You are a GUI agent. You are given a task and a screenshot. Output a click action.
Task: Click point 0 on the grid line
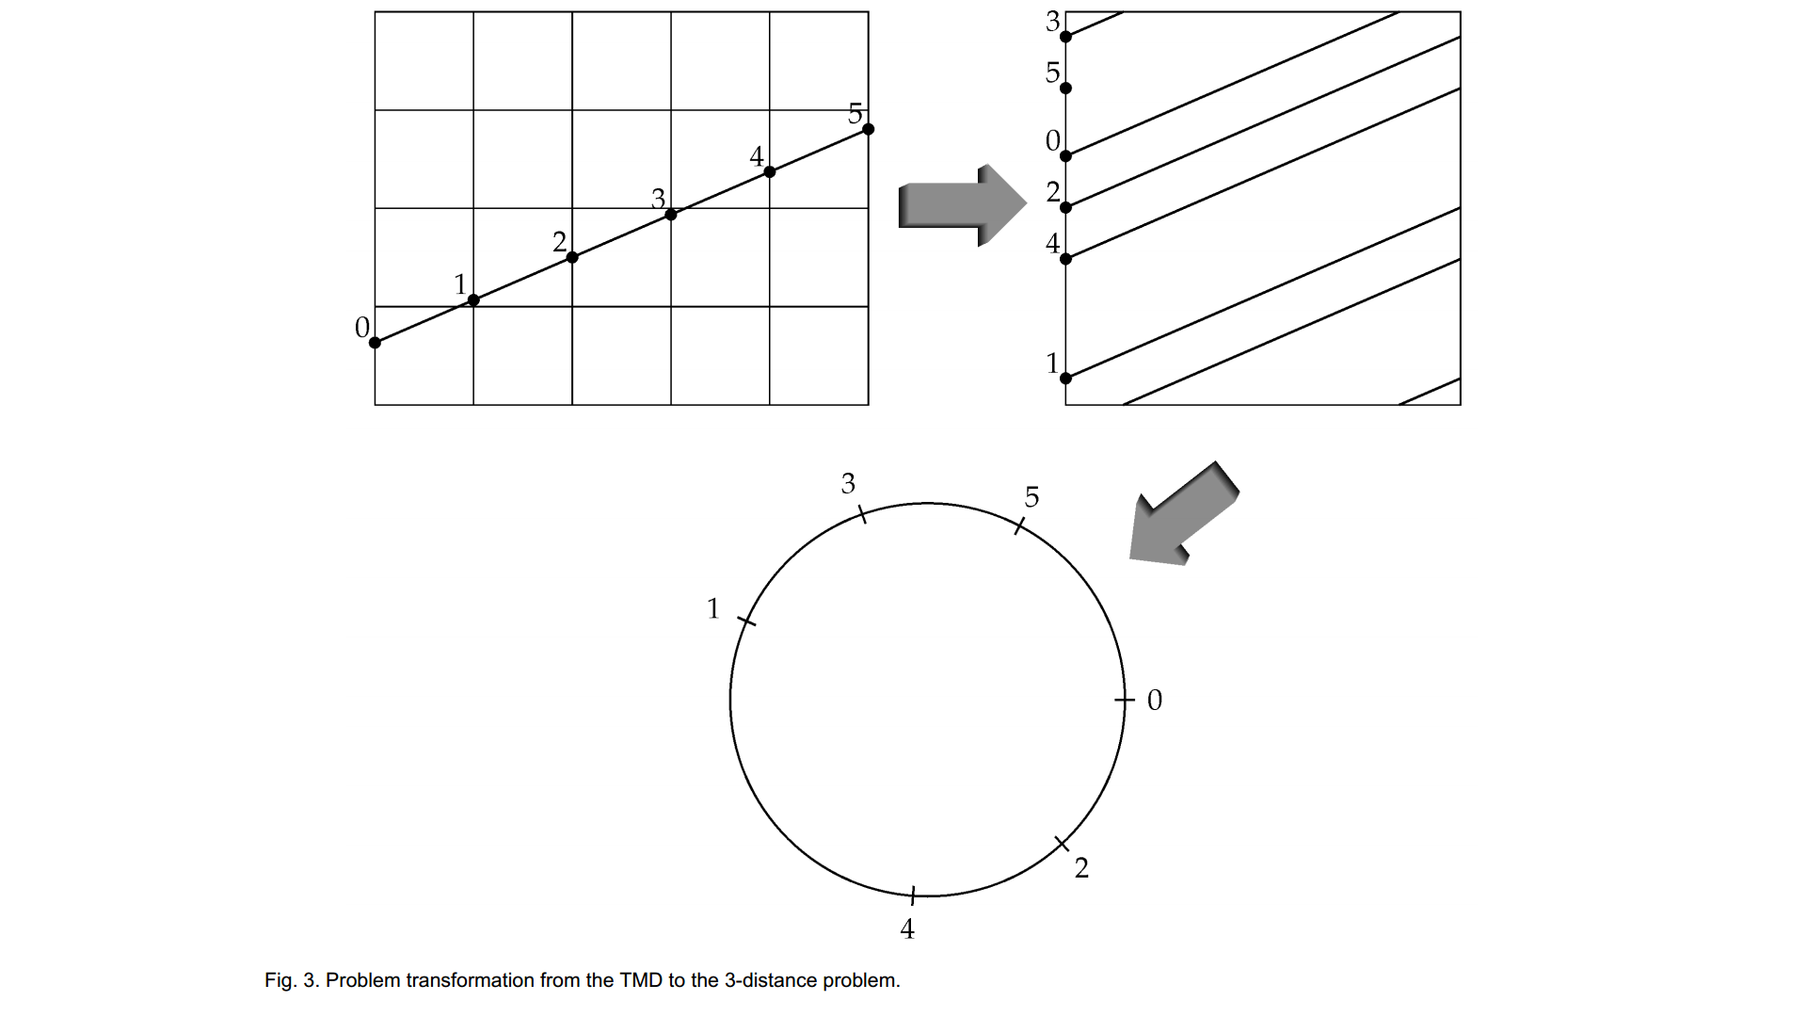375,343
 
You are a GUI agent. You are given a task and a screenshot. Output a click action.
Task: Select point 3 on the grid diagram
671,215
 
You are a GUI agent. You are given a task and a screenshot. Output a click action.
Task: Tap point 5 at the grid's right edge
868,129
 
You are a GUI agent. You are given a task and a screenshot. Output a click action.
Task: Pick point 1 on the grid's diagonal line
473,300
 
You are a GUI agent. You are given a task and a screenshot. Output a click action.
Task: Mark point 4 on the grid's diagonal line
770,171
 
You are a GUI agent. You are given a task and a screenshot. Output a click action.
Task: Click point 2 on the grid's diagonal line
572,257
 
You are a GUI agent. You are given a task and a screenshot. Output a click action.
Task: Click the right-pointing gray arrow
961,205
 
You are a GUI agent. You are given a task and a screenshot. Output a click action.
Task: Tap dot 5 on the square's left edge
1065,89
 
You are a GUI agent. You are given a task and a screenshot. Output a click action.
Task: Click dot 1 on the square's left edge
1065,379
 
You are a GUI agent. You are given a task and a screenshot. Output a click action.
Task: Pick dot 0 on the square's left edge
1065,155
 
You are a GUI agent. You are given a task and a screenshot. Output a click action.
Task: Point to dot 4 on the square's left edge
1065,259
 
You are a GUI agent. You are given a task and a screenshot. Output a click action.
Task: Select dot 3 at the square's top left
1065,37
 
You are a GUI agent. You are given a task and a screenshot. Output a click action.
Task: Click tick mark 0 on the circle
1124,701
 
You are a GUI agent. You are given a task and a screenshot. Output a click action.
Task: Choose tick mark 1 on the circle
746,621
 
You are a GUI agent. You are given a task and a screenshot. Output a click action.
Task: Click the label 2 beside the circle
1081,868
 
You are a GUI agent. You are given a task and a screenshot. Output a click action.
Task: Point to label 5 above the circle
1031,497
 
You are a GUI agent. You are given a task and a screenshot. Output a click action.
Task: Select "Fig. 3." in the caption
291,980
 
